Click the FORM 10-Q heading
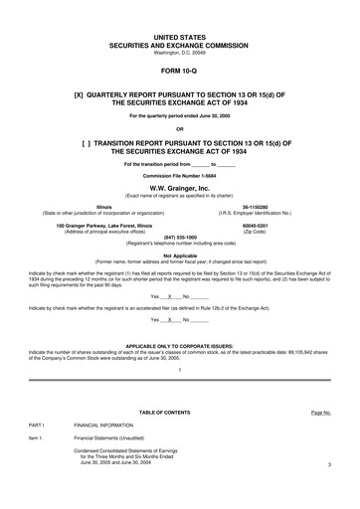pos(179,74)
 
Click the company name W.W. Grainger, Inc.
pos(179,186)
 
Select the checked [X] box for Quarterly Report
pos(68,98)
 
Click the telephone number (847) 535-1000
pos(179,238)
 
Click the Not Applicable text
pos(179,254)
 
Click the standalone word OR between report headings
pos(179,129)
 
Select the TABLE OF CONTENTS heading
pos(179,411)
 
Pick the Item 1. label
pos(37,438)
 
